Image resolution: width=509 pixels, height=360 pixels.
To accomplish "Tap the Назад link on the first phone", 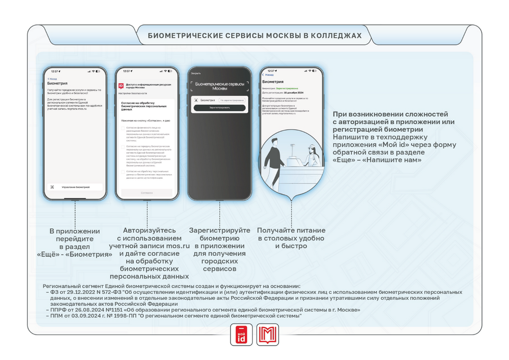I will point(52,79).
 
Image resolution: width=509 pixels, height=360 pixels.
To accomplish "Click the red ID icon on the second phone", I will point(121,86).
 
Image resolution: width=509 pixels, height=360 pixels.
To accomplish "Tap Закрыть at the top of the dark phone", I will point(196,74).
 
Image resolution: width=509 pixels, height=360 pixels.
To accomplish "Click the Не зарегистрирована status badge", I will point(232,100).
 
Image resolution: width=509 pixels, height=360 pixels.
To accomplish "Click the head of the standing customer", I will point(275,142).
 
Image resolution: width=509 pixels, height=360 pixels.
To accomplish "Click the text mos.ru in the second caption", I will point(180,246).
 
